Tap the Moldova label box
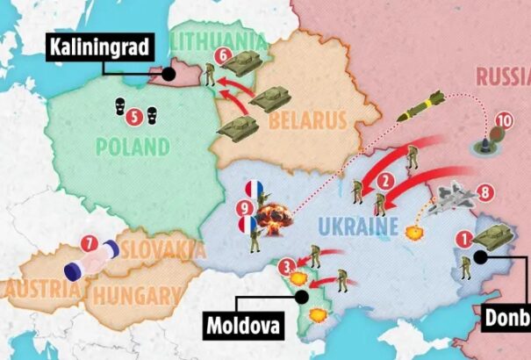click(x=245, y=326)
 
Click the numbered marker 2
click(x=383, y=183)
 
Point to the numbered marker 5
click(x=133, y=114)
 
